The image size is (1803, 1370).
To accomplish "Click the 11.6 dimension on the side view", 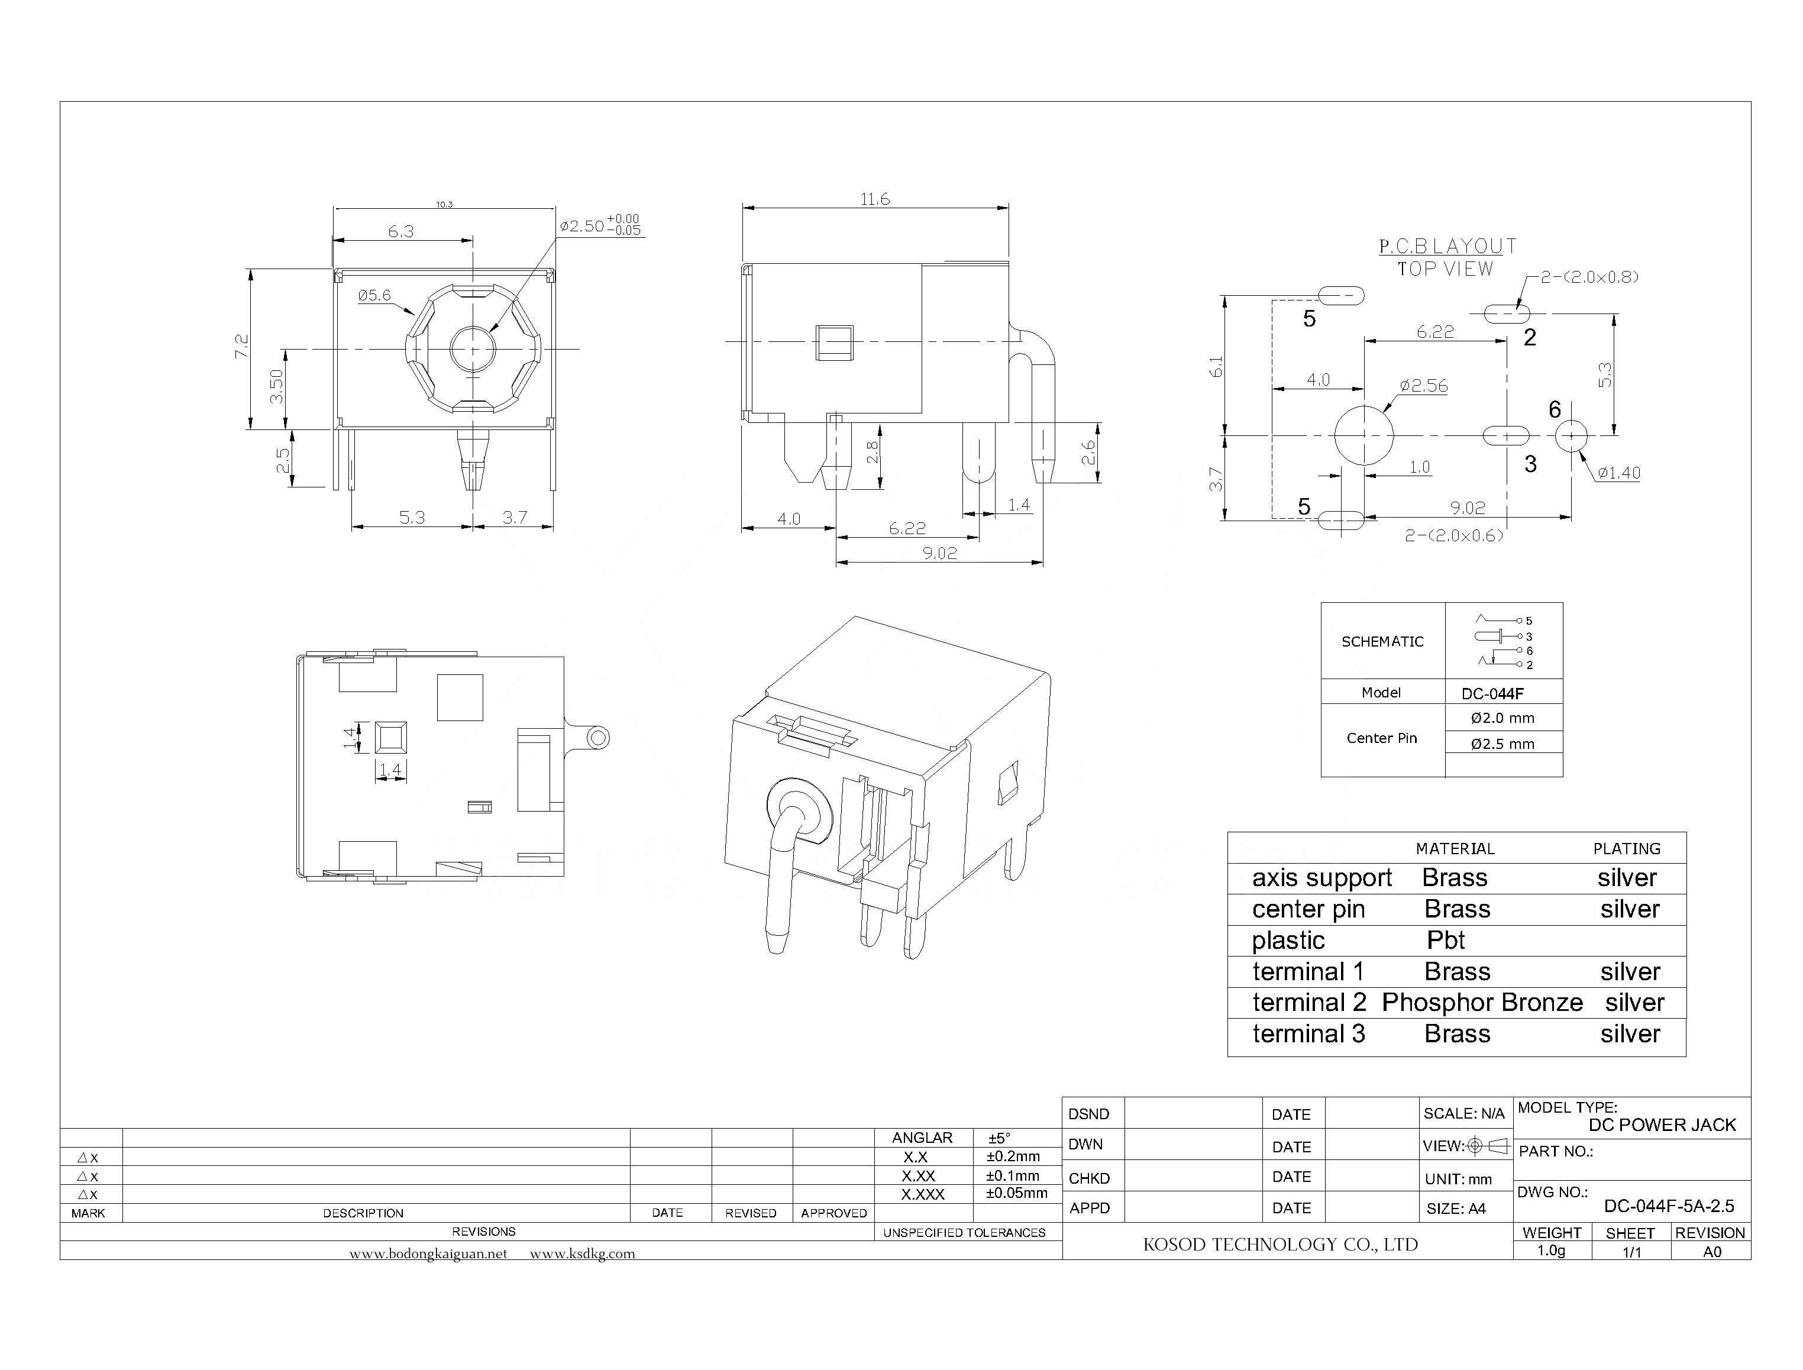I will pos(874,199).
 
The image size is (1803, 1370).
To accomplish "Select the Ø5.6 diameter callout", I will pos(374,295).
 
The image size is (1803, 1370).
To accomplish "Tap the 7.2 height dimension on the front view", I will pos(241,346).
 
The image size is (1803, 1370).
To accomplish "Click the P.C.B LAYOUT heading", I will pos(1447,245).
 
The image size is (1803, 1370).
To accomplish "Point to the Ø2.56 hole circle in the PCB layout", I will pos(1363,435).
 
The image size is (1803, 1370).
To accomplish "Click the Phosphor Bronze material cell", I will pos(1482,1002).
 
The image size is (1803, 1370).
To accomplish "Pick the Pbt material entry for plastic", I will pos(1446,940).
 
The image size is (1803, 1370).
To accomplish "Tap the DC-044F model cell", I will pos(1492,693).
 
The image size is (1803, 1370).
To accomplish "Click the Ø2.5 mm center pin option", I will pos(1502,744).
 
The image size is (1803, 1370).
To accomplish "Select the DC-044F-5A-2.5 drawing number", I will pos(1669,1206).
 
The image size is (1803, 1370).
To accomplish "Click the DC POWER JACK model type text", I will pos(1662,1125).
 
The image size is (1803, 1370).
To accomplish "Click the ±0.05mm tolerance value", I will pos(1016,1193).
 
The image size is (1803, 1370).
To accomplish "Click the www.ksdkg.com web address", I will pos(582,1254).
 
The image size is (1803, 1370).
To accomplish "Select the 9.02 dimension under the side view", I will pos(939,553).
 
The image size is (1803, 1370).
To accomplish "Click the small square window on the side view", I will pos(834,342).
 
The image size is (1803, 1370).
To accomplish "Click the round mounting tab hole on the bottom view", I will pos(597,739).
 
